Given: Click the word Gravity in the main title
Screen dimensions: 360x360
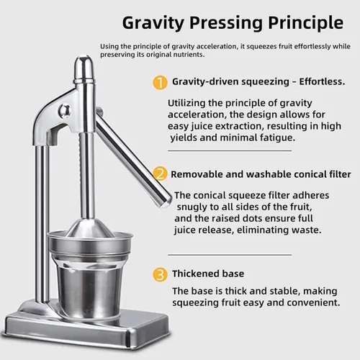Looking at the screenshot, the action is point(153,23).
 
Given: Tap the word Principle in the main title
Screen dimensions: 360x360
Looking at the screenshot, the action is point(305,23).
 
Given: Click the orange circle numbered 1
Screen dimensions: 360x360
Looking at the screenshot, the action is point(160,83).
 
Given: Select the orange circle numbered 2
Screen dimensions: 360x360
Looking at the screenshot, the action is point(160,174).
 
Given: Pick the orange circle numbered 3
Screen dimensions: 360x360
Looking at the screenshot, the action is point(160,274).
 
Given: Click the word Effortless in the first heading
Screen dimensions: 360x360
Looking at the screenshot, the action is point(322,81).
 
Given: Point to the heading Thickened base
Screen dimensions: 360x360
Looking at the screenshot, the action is point(208,274).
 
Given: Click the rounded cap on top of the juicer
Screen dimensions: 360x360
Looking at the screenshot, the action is point(84,68).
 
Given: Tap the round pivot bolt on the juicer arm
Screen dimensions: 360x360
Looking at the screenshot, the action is point(64,111).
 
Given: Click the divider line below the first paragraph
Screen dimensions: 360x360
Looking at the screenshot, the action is point(230,151).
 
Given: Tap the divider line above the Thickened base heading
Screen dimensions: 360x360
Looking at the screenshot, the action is point(230,255).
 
